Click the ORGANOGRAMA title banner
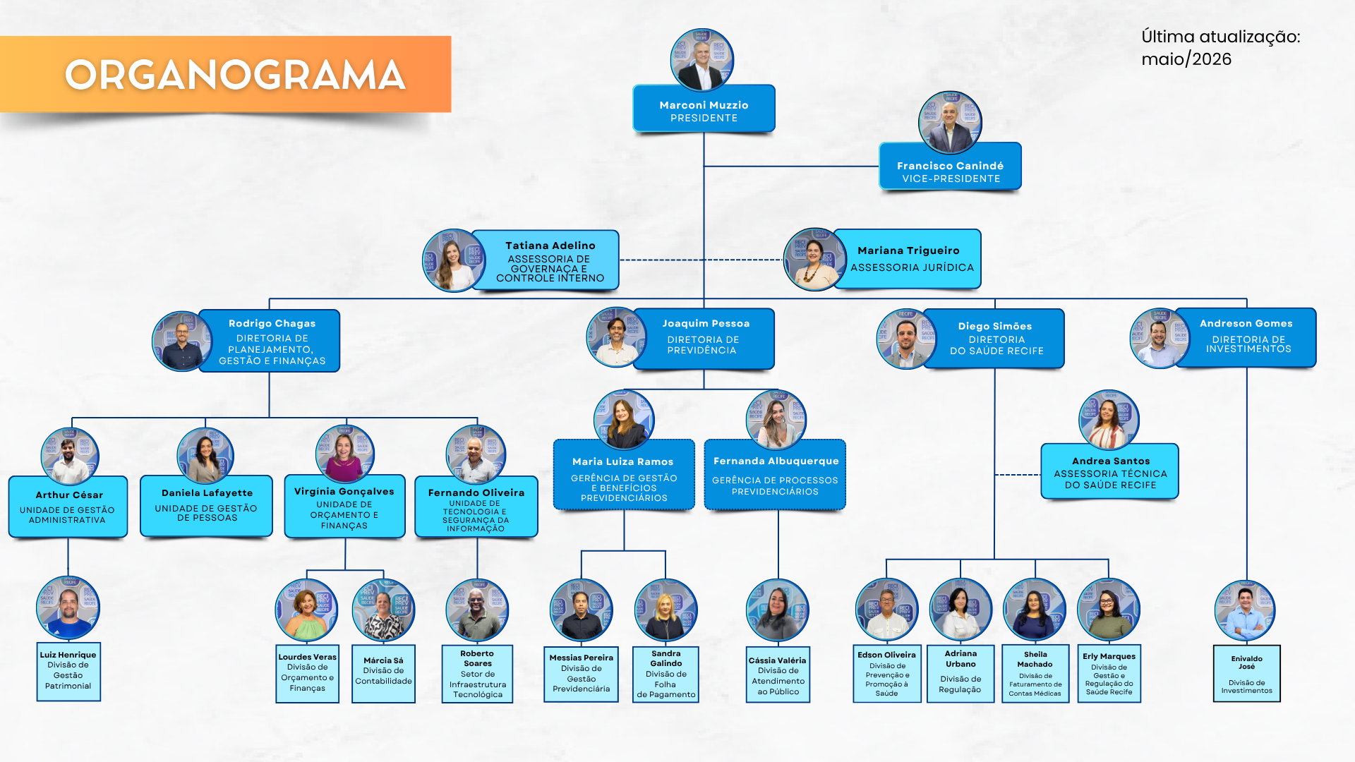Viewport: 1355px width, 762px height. click(x=226, y=74)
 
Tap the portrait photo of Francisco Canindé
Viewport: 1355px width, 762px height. click(x=950, y=122)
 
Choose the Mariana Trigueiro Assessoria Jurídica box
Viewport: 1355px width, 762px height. click(x=908, y=259)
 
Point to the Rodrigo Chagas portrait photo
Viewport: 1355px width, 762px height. click(x=183, y=341)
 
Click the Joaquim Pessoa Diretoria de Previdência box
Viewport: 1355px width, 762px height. click(x=704, y=339)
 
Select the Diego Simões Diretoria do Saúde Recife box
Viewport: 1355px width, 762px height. click(x=994, y=339)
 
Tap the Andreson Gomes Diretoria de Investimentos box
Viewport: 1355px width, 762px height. click(x=1246, y=337)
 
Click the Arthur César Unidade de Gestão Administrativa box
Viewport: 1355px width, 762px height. click(x=68, y=507)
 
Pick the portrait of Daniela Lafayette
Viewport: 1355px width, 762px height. click(x=205, y=456)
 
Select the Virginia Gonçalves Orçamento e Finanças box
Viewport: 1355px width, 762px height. click(x=344, y=507)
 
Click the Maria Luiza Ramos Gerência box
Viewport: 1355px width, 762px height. click(x=624, y=475)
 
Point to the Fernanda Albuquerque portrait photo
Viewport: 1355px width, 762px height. click(x=776, y=420)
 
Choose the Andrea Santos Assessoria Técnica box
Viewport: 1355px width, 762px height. click(x=1110, y=471)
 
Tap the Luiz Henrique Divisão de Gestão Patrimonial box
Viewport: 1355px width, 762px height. click(x=68, y=672)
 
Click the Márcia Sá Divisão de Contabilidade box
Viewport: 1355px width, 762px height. click(x=383, y=674)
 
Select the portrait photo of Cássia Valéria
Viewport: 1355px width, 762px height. click(x=778, y=610)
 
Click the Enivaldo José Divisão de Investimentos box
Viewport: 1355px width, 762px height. click(x=1247, y=674)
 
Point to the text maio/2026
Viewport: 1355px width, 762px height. click(x=1186, y=59)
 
